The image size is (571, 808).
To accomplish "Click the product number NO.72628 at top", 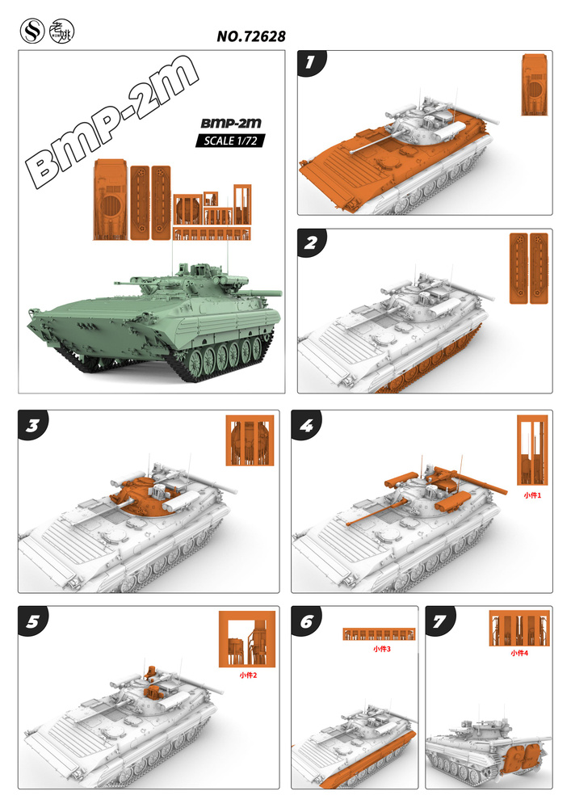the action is point(251,36).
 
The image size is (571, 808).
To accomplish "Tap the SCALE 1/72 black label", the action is point(230,141).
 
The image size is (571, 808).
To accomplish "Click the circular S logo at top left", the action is point(32,32).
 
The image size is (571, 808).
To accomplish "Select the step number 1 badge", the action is point(310,63).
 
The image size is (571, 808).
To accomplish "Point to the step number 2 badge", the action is point(311,242).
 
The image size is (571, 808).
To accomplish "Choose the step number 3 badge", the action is point(32,425).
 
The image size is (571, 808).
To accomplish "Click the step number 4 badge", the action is point(306,425).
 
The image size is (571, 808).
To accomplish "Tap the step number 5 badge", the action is point(32,621).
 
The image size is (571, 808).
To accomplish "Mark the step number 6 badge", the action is point(306,621).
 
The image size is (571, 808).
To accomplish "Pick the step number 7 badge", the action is point(440,621).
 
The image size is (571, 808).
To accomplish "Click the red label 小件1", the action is point(532,495).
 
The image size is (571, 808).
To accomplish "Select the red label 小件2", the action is point(248,675).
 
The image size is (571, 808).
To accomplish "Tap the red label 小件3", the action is point(382,649).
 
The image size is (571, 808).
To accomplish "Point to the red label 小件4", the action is point(519,653).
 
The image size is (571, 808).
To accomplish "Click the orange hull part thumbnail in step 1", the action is point(535,84).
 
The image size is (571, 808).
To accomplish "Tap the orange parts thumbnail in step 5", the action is point(247,639).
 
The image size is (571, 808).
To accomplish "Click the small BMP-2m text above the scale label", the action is point(231,123).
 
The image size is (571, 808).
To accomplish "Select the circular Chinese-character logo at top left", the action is point(62,32).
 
